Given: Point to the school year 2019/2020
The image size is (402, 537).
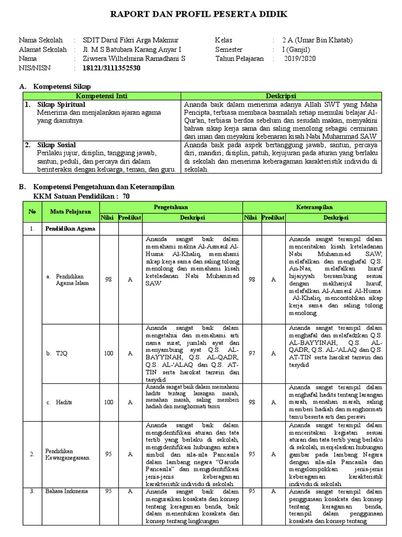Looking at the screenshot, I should tap(301, 59).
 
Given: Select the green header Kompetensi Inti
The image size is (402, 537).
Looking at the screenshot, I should tap(102, 96).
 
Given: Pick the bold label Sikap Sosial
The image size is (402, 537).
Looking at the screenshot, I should tap(57, 145).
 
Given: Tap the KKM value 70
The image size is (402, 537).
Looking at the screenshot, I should tap(126, 196).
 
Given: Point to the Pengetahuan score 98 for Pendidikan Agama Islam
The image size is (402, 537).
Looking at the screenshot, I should tap(108, 280).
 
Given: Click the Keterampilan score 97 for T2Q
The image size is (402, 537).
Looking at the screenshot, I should tap(252, 353).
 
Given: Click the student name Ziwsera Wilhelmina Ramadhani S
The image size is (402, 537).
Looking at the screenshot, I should tap(135, 59).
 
